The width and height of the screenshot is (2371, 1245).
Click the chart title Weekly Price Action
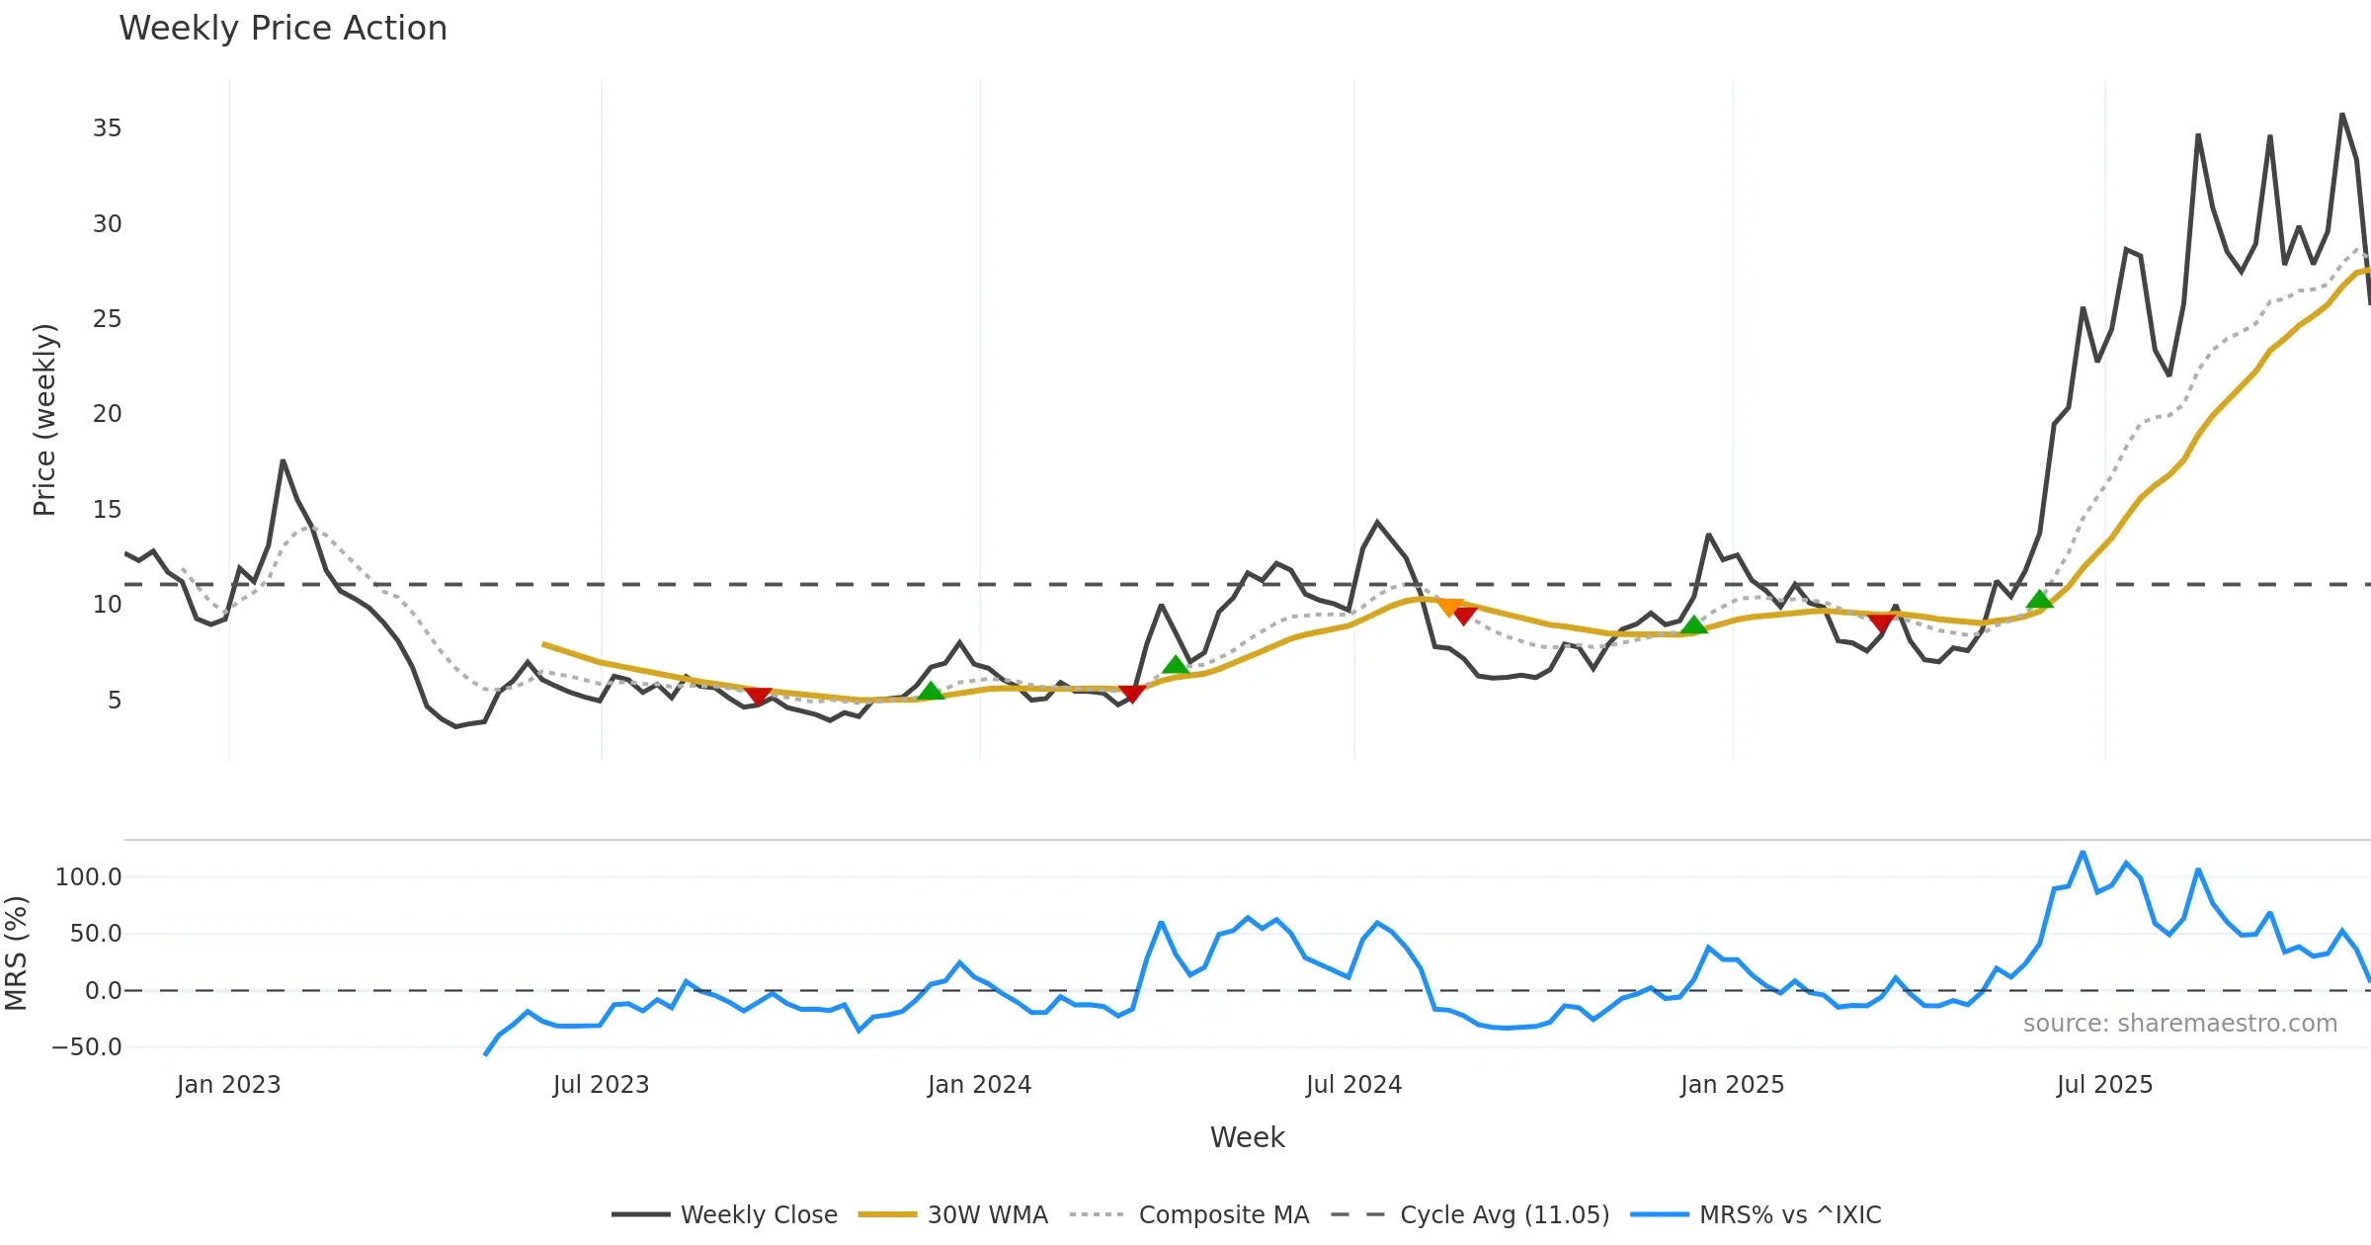[283, 29]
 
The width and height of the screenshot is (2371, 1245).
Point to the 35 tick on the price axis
[107, 128]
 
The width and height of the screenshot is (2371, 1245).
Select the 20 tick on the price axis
[107, 414]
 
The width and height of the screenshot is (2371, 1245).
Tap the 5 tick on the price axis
[115, 701]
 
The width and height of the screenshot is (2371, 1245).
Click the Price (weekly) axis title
[44, 420]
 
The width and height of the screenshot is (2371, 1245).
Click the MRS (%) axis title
[16, 954]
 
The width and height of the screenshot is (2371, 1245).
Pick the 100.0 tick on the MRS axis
[89, 877]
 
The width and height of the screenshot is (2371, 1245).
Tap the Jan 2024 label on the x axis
[979, 1085]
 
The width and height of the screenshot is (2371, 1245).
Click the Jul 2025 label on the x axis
[2104, 1085]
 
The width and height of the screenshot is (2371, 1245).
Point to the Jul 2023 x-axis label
[601, 1085]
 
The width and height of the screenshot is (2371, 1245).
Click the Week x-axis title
[1247, 1138]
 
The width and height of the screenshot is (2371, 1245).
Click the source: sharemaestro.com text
[2179, 1024]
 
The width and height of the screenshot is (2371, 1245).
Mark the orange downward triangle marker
[1448, 607]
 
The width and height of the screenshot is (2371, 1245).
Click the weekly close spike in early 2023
[283, 461]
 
